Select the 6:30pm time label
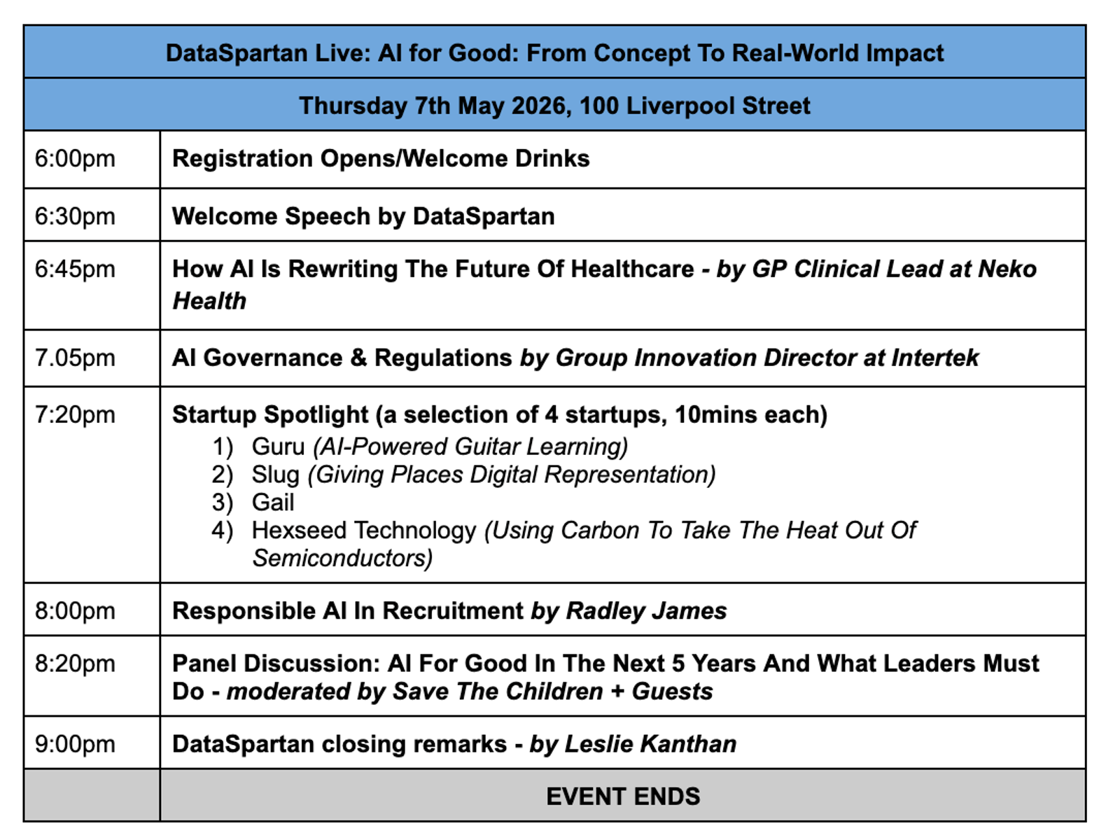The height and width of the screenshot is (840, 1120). point(75,216)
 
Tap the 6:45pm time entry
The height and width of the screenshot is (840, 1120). point(75,269)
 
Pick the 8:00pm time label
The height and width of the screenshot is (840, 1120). point(75,611)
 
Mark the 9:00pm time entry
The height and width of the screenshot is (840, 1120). point(75,744)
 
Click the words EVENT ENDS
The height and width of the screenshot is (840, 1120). point(623,797)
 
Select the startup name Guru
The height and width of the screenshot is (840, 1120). point(278,447)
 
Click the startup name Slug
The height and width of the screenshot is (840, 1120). point(276,475)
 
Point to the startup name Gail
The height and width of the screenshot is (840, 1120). point(273,503)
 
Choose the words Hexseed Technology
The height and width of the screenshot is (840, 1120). point(364,531)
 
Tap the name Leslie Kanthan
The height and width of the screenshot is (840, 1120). point(650,744)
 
